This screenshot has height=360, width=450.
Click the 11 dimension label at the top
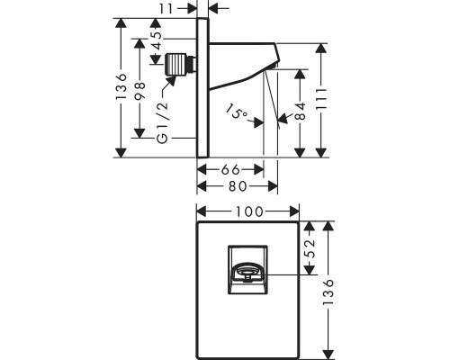point(166,9)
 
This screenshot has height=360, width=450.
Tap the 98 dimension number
point(140,91)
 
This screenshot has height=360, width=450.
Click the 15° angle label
point(238,112)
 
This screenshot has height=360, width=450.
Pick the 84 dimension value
point(301,112)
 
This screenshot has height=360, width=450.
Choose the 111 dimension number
point(321,99)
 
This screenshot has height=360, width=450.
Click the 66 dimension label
point(230,170)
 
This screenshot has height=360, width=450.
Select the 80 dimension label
point(238,186)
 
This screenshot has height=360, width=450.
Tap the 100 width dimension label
point(249,211)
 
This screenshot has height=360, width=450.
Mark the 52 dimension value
point(310,248)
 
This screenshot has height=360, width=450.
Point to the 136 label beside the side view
point(121,87)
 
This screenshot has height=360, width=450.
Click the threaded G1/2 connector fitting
point(181,64)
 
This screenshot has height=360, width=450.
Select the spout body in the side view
point(244,64)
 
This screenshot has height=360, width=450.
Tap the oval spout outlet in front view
point(247,271)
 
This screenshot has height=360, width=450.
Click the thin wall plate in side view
point(202,87)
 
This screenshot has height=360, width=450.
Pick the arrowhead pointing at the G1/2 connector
point(171,81)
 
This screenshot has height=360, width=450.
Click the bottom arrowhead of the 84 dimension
point(300,153)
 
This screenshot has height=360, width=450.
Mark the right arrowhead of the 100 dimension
point(294,211)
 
